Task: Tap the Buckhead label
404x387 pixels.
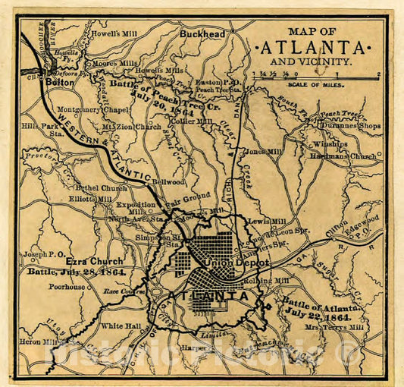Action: click(x=202, y=35)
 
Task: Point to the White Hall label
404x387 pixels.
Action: click(x=117, y=326)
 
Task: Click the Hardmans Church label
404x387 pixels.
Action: click(x=343, y=156)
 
